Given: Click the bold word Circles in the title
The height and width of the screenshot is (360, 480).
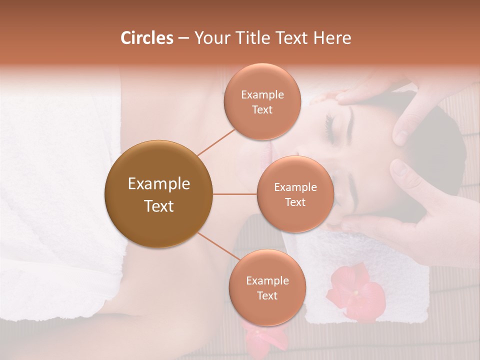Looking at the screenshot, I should point(146,38).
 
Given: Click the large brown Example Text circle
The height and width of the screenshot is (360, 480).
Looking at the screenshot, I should point(159,194).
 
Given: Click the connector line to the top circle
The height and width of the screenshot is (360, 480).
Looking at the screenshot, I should point(216,141).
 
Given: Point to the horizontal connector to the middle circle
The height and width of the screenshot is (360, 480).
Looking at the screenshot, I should point(235,194).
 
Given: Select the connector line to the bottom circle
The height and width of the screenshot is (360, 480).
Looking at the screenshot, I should point(219,248).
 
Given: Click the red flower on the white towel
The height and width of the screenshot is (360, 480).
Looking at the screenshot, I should point(356,292).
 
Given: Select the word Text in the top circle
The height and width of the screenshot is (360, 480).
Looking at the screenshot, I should point(262,109).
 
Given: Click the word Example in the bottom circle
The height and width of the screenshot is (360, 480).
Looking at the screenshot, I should point(267,280).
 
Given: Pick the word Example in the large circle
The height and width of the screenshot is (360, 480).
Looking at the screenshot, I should point(159,184).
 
